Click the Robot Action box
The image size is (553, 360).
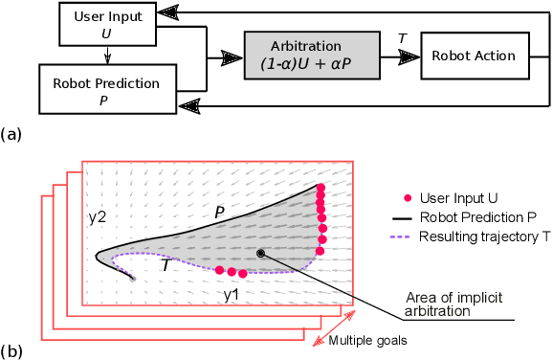coord(475,56)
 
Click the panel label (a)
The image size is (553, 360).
coord(11,134)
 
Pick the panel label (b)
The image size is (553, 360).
coord(11,351)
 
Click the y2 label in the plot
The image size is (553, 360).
coord(98,217)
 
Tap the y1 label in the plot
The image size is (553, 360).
coord(232,294)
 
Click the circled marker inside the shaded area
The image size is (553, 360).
coord(261,254)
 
